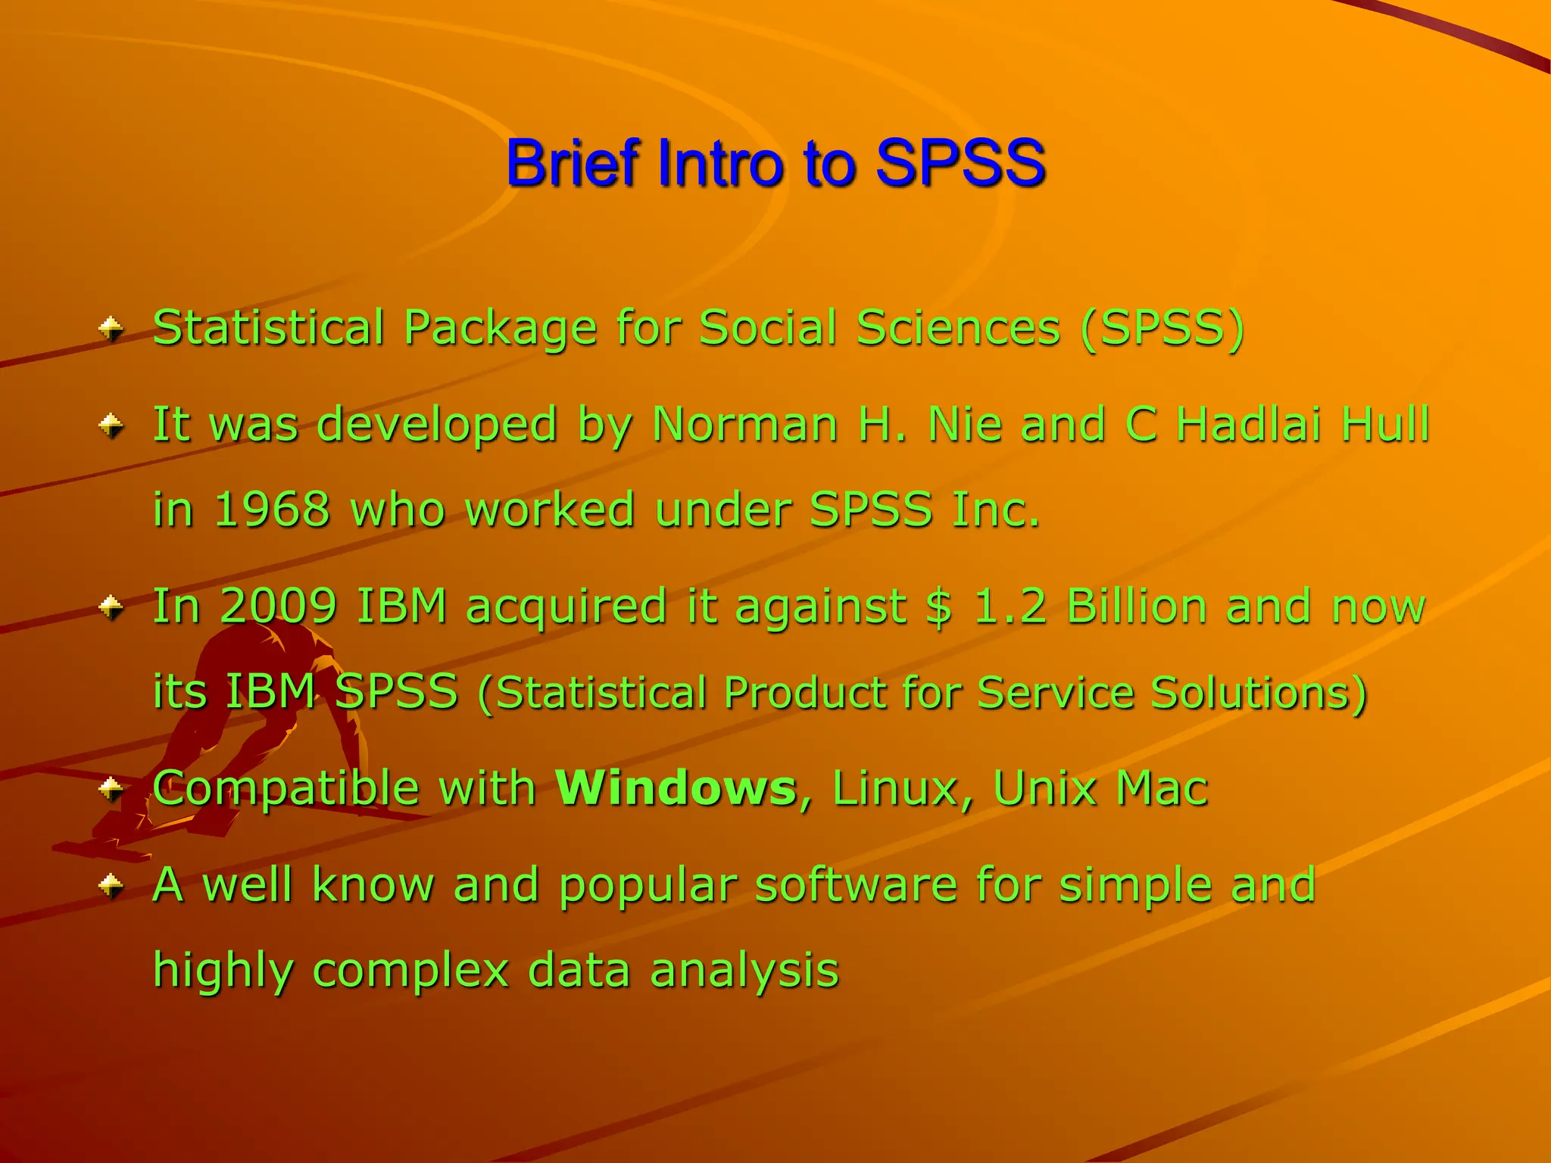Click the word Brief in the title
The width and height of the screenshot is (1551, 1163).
coord(573,164)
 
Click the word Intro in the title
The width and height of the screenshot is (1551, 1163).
coord(719,164)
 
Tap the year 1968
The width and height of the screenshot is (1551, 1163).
coord(272,509)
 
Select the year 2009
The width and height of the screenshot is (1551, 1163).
coord(279,606)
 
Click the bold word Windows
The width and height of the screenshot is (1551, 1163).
coord(676,788)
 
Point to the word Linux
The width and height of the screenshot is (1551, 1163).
coord(895,788)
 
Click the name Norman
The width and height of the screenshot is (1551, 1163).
coord(744,424)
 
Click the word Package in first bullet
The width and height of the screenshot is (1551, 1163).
coord(500,329)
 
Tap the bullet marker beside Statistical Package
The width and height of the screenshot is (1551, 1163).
coord(111,329)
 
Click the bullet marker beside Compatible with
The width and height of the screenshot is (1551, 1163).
coord(111,790)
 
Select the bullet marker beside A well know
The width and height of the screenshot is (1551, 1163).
coord(111,885)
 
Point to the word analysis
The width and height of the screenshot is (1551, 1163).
coord(744,971)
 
